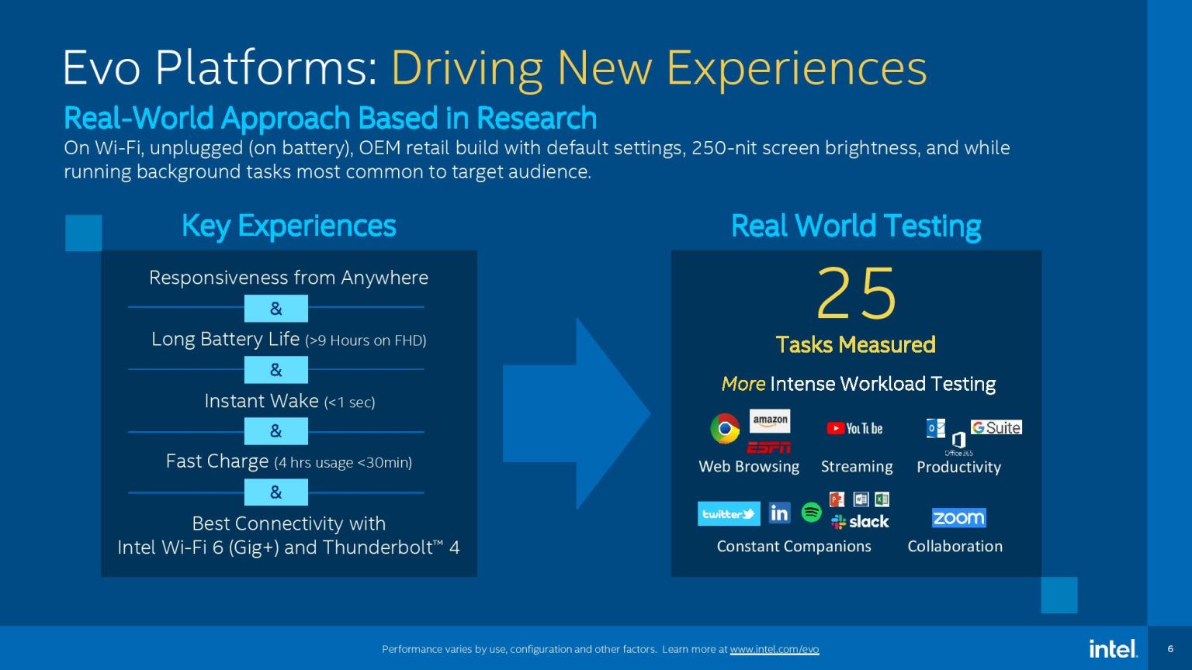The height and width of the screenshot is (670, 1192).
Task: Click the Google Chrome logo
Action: coord(725,428)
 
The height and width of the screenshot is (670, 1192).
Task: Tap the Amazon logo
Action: coord(770,420)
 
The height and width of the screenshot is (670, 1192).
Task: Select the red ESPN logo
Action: coord(768,447)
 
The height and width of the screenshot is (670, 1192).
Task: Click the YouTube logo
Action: coord(854,428)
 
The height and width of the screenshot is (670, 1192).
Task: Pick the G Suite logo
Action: coord(996,427)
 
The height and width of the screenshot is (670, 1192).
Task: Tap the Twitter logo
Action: coord(729,513)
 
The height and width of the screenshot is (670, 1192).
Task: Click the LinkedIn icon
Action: coord(779,513)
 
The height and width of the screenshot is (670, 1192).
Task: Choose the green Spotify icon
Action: coord(811,512)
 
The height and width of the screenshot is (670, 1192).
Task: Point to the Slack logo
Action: coord(860,522)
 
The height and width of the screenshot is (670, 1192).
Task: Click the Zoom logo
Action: coord(958,517)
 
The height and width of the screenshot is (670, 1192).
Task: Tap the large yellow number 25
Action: coord(856,294)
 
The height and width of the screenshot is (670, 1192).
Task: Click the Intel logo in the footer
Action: coord(1113,648)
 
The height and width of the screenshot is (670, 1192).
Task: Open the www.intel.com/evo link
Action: coord(774,649)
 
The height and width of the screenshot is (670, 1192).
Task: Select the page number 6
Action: coord(1170,649)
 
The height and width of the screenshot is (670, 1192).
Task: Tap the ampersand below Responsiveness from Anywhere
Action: coord(275,309)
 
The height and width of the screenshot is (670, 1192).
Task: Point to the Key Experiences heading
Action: coord(289,226)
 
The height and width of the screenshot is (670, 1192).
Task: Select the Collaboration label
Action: coord(955,546)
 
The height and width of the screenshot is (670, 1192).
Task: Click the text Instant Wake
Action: coord(262,401)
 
